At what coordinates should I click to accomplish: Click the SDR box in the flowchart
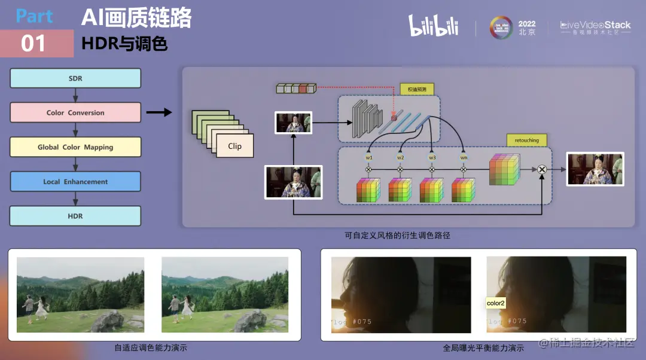(75, 78)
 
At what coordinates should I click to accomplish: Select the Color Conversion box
(75, 112)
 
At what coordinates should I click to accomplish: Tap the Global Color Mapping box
(75, 147)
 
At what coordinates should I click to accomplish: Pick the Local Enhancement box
(75, 181)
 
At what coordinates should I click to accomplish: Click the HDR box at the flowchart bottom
(75, 216)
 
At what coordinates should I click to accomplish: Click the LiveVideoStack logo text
(595, 25)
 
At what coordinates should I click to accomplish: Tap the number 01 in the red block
(33, 44)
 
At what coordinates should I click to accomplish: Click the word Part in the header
(35, 16)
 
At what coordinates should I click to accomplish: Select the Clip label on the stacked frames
(234, 146)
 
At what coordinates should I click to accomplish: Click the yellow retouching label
(526, 141)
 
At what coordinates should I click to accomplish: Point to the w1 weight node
(368, 157)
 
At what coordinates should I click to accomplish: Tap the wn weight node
(464, 157)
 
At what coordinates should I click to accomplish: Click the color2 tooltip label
(496, 303)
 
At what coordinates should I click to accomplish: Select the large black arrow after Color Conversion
(159, 112)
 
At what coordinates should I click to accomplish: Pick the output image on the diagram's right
(595, 169)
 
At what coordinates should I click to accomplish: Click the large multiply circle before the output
(542, 170)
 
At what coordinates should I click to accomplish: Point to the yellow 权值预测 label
(418, 89)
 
